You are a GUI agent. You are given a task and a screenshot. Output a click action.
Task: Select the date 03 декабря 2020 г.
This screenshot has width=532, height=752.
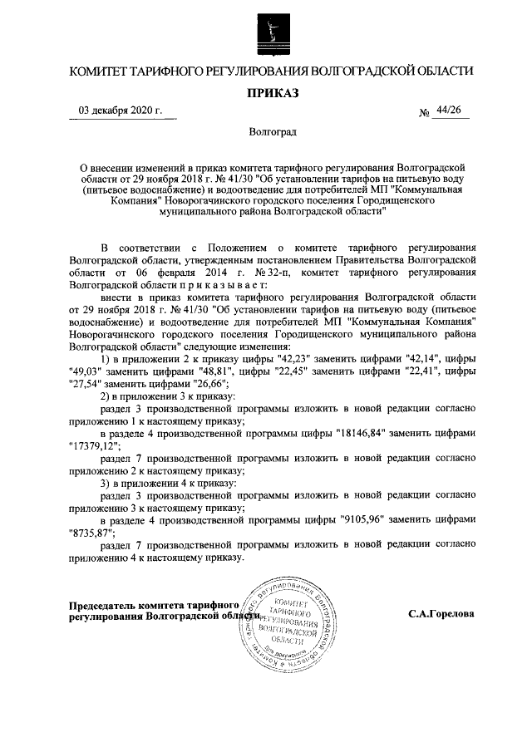(121, 110)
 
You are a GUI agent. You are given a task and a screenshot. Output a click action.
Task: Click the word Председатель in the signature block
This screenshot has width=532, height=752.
(106, 605)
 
